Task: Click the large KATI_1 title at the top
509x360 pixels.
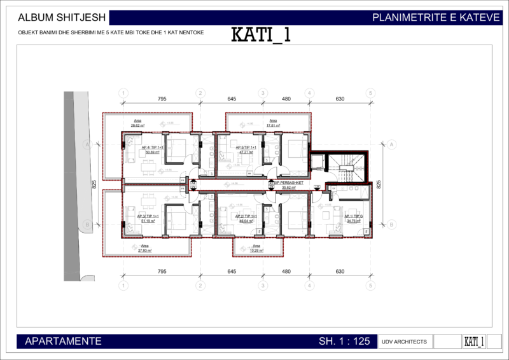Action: (x=260, y=35)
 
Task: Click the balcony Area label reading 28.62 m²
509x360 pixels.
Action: (x=137, y=123)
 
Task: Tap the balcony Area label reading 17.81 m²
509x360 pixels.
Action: (x=274, y=123)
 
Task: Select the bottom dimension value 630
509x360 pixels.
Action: (x=340, y=272)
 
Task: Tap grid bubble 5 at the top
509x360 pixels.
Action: (x=370, y=93)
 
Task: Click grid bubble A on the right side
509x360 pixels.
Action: (x=392, y=145)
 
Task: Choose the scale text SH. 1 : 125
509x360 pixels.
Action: (x=344, y=342)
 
